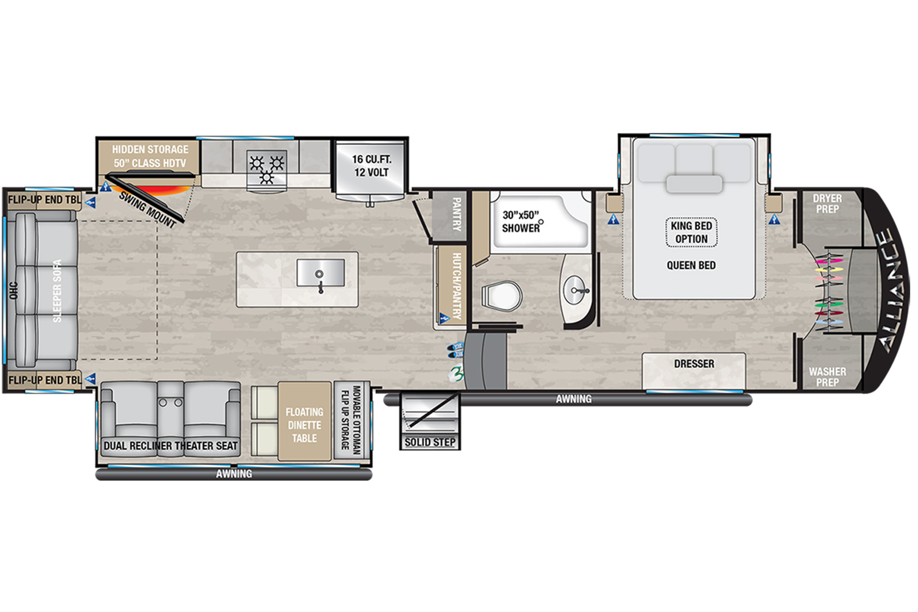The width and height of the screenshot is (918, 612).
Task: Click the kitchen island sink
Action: (x=320, y=273)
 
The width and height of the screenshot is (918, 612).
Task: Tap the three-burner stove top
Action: (x=266, y=167)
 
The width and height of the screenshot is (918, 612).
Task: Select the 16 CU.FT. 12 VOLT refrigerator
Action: (x=371, y=170)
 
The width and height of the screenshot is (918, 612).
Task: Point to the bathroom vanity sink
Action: (x=576, y=290)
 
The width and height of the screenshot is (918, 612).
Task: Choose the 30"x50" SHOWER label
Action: (x=521, y=221)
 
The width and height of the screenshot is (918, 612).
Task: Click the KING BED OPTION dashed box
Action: (x=692, y=233)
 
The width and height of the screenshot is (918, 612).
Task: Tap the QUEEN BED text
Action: (x=691, y=265)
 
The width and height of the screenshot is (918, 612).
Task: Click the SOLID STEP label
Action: (x=430, y=442)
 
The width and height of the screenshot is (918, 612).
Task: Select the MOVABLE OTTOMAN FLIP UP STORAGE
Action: (x=351, y=421)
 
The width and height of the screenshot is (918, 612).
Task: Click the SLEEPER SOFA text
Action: (x=57, y=290)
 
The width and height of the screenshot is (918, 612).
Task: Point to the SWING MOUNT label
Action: (x=147, y=210)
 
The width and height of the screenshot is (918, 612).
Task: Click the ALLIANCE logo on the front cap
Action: (x=894, y=290)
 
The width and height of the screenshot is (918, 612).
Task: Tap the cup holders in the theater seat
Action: (x=170, y=403)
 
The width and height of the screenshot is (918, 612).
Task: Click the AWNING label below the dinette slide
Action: (x=234, y=474)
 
